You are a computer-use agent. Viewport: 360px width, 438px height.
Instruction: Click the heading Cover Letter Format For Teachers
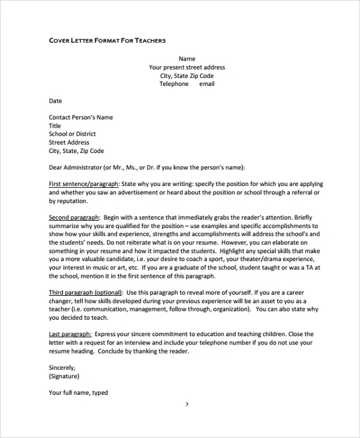[x=107, y=40]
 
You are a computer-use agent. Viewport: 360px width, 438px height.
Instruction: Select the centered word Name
[x=187, y=59]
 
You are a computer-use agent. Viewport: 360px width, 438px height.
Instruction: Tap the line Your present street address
[x=187, y=68]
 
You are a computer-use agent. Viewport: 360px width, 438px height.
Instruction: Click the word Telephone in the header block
[x=173, y=84]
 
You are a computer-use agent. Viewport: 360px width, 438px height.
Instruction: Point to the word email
[x=206, y=84]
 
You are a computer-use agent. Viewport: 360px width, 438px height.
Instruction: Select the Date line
[x=55, y=101]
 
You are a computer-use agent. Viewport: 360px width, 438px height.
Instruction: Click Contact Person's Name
[x=80, y=118]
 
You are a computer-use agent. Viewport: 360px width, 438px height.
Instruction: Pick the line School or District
[x=72, y=134]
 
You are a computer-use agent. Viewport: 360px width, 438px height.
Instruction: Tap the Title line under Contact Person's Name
[x=55, y=126]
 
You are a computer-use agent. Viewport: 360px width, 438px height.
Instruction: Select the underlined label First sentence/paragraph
[x=84, y=184]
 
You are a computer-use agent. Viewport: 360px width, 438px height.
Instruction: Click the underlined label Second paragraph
[x=74, y=217]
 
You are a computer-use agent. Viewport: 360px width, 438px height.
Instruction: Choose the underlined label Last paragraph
[x=70, y=334]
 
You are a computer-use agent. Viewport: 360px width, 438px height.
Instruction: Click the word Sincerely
[x=62, y=367]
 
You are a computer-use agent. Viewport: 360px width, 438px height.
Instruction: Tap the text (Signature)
[x=64, y=376]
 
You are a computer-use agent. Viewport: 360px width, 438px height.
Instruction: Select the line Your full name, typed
[x=78, y=392]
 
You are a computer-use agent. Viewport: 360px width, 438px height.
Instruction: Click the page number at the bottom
[x=187, y=405]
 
